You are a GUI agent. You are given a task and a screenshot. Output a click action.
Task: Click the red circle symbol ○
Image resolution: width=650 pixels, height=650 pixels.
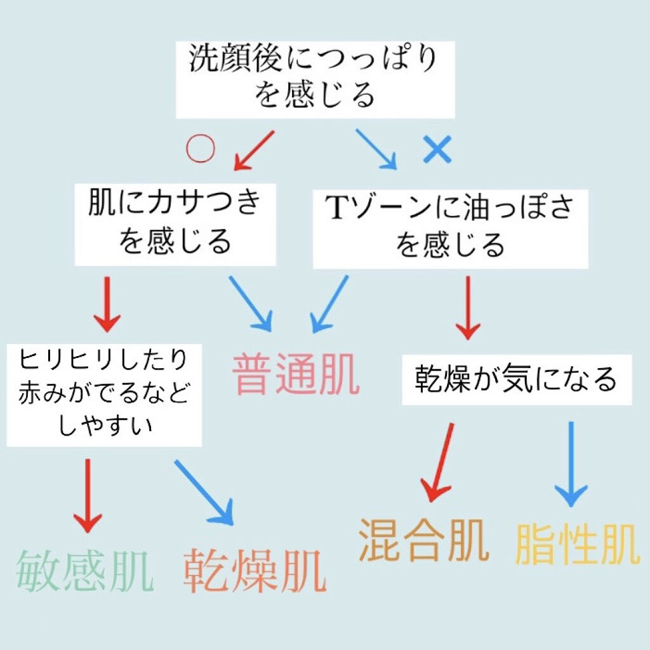pos(200,149)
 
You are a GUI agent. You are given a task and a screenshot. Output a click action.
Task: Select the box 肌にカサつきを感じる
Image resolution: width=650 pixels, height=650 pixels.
pos(175,224)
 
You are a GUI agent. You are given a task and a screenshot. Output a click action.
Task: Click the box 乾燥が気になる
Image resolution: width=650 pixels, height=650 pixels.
pos(516,380)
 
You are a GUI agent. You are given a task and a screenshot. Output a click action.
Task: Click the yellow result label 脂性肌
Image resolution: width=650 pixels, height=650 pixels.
pos(576,544)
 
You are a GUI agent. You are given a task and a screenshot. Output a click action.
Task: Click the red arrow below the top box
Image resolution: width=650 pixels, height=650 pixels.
pos(254,150)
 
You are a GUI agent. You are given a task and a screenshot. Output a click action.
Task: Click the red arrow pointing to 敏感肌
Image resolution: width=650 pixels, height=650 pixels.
pos(88,495)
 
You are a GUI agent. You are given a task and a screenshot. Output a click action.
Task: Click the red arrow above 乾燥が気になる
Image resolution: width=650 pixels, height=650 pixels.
pos(468,307)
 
